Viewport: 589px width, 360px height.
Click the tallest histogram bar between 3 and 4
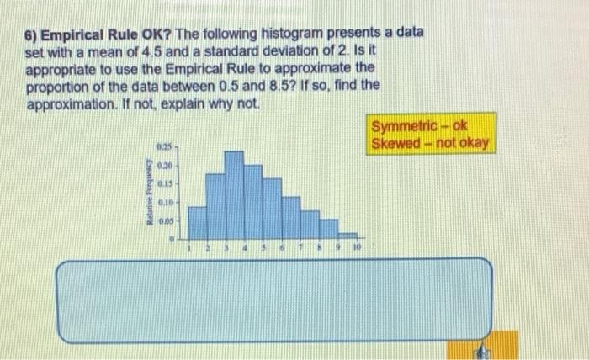[234, 197]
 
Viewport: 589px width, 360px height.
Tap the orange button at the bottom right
[480, 347]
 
